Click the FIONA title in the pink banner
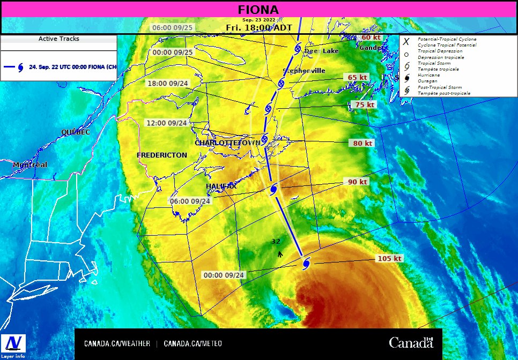click(258, 10)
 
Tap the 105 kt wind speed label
click(390, 258)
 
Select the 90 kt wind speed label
click(358, 182)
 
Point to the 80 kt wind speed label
click(362, 143)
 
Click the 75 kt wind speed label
click(364, 104)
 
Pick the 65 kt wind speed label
click(358, 77)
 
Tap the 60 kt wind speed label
click(371, 37)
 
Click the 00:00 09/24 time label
click(224, 275)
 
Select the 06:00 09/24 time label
click(190, 201)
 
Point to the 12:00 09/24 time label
click(167, 123)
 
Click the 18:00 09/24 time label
click(167, 83)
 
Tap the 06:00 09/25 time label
click(172, 27)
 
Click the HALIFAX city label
click(221, 186)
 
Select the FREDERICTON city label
click(162, 155)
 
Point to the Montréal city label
click(30, 164)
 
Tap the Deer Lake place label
click(322, 51)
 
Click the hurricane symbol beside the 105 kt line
click(306, 263)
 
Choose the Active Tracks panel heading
click(59, 39)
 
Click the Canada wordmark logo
click(411, 343)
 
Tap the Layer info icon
click(12, 346)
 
